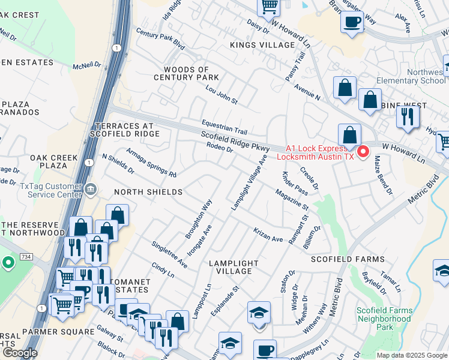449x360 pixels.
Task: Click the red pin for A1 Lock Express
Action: pyautogui.click(x=363, y=152)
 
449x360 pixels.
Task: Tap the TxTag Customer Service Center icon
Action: pyautogui.click(x=91, y=190)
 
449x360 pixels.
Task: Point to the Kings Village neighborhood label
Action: pyautogui.click(x=262, y=45)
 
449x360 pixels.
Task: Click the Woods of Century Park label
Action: pyautogui.click(x=186, y=73)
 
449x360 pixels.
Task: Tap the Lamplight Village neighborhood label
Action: pyautogui.click(x=234, y=267)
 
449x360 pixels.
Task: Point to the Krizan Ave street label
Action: pyautogui.click(x=268, y=235)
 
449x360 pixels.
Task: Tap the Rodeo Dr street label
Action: pyautogui.click(x=219, y=148)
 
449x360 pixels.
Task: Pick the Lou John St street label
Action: pyautogui.click(x=221, y=94)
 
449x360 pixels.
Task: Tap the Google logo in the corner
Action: pyautogui.click(x=20, y=353)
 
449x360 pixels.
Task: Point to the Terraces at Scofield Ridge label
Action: pyautogui.click(x=125, y=130)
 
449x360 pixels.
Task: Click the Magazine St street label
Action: pyautogui.click(x=292, y=200)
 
